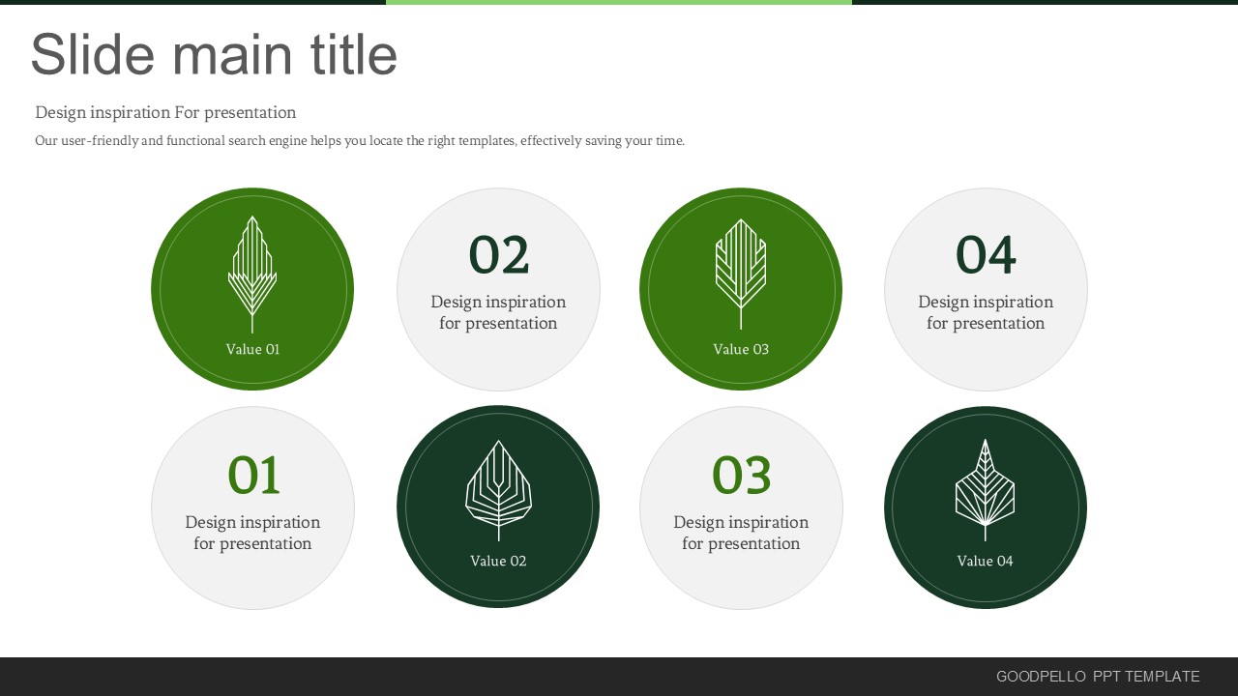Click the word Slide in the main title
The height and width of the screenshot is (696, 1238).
[x=93, y=54]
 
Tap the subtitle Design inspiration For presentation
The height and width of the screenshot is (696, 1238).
[x=165, y=113]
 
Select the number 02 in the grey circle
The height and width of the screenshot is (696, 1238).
[x=499, y=254]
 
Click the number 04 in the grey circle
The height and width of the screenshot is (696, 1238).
[x=986, y=254]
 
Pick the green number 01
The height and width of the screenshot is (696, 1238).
[x=253, y=475]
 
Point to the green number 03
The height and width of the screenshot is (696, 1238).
[x=741, y=475]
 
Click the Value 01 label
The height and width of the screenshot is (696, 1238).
[x=252, y=349]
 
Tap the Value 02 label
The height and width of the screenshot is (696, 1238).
[x=498, y=561]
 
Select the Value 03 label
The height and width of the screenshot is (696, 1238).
[x=741, y=349]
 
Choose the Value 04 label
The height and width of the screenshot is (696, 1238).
[x=985, y=561]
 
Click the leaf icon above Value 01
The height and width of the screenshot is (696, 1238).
[x=252, y=275]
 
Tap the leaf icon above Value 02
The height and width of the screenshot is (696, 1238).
[x=498, y=490]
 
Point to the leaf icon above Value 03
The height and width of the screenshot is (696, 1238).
[x=741, y=275]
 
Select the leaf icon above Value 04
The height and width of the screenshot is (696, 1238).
[x=985, y=490]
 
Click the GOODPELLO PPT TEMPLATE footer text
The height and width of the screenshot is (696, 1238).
[x=1098, y=676]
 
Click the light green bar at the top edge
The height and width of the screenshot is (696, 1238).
[x=619, y=2]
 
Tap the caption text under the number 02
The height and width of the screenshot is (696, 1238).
[x=498, y=312]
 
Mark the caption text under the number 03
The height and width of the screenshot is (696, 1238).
[x=741, y=533]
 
